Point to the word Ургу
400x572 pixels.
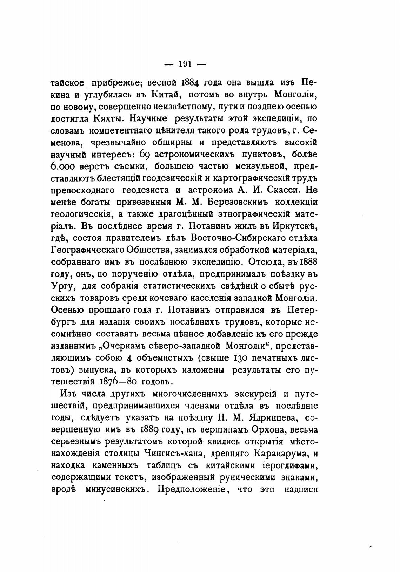62,286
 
